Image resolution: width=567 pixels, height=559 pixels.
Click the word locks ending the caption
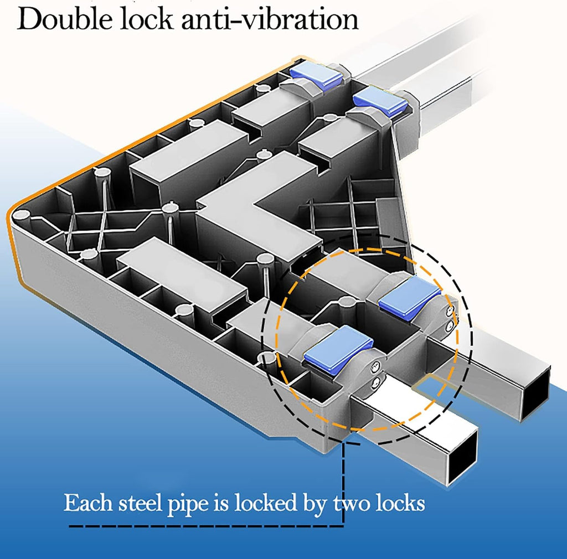[400, 502]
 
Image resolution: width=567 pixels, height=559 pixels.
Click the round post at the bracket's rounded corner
[21, 216]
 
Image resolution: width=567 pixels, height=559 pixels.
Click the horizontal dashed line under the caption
[206, 525]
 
